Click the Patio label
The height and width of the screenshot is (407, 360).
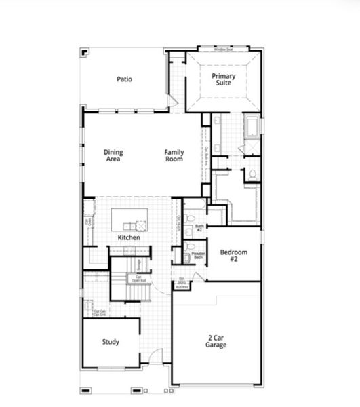pos(124,79)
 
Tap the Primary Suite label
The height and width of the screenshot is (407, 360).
pos(223,79)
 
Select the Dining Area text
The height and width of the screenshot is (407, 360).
pos(113,156)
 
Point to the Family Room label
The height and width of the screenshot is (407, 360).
pos(174,156)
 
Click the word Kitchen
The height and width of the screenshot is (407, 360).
pos(129,238)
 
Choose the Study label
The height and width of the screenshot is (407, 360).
pos(111,342)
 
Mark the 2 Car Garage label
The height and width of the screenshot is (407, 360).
pos(217,341)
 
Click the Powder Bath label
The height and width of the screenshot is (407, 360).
pos(198,256)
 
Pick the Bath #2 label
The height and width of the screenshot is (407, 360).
pos(199,228)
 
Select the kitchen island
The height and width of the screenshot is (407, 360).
pos(129,219)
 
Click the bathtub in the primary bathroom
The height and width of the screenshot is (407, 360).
pos(252,127)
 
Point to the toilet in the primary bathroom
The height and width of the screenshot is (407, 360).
pos(252,174)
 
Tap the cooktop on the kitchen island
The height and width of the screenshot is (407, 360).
pos(141,225)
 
